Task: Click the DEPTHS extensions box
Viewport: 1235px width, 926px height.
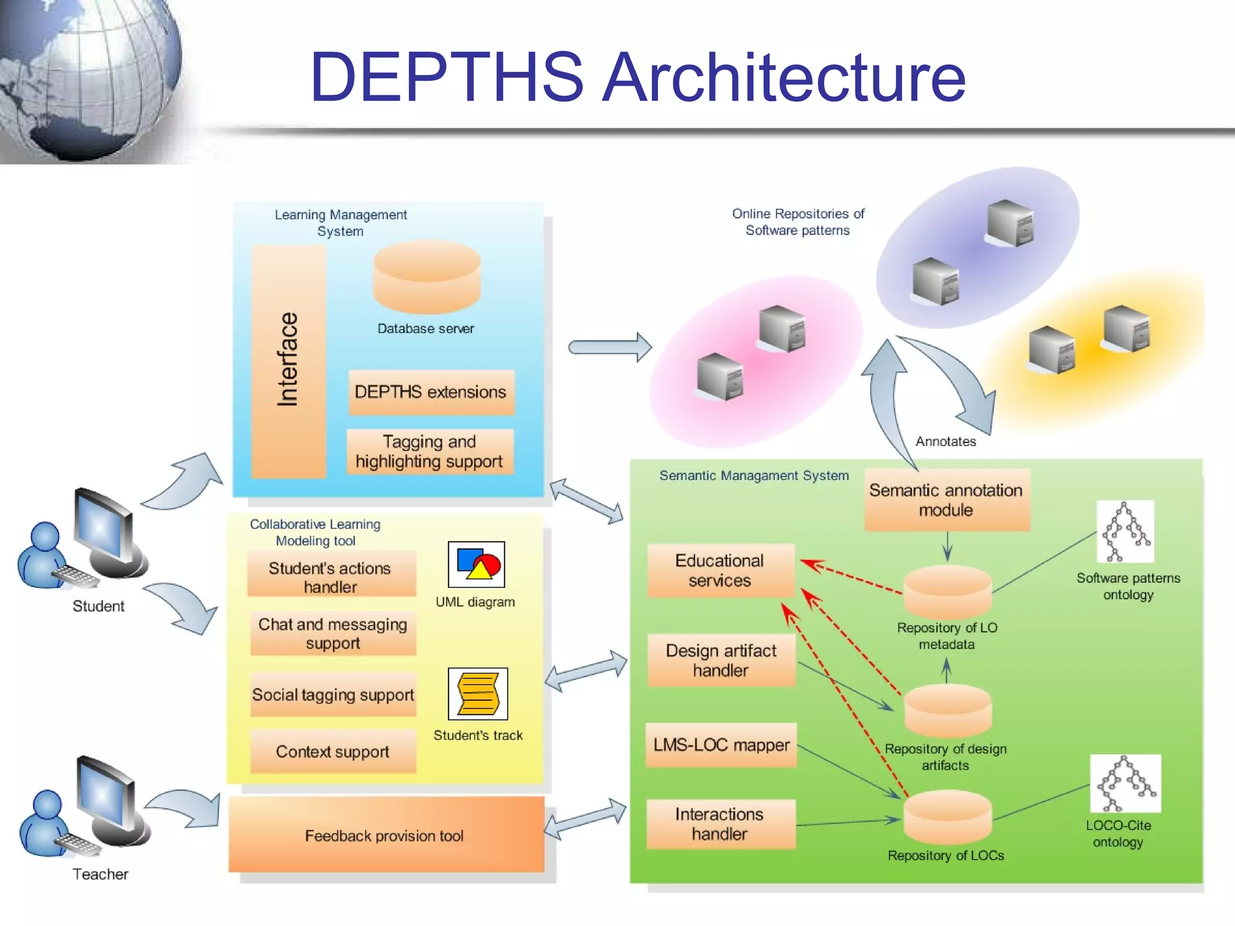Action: click(x=431, y=392)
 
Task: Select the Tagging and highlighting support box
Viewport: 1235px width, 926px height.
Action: click(x=429, y=452)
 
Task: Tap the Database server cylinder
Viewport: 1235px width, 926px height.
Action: click(x=426, y=277)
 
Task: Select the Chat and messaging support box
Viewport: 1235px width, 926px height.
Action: click(x=332, y=633)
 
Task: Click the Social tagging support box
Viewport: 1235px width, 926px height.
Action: click(x=333, y=694)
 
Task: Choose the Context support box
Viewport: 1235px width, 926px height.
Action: click(x=332, y=752)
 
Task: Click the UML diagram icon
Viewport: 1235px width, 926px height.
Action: click(x=476, y=564)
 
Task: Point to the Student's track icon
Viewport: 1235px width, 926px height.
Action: click(x=478, y=694)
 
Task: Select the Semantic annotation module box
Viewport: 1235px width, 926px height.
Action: click(x=946, y=500)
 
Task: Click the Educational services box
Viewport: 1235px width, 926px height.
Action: click(x=720, y=570)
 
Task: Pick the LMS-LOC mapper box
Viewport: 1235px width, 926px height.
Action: click(x=721, y=745)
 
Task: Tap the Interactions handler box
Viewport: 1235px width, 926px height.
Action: click(x=720, y=824)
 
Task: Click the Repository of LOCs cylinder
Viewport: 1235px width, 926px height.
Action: click(x=947, y=817)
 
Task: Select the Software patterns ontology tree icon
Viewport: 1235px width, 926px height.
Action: click(x=1125, y=532)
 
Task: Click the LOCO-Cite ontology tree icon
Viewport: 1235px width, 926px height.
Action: click(x=1125, y=784)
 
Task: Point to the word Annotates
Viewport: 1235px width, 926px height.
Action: click(x=946, y=441)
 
